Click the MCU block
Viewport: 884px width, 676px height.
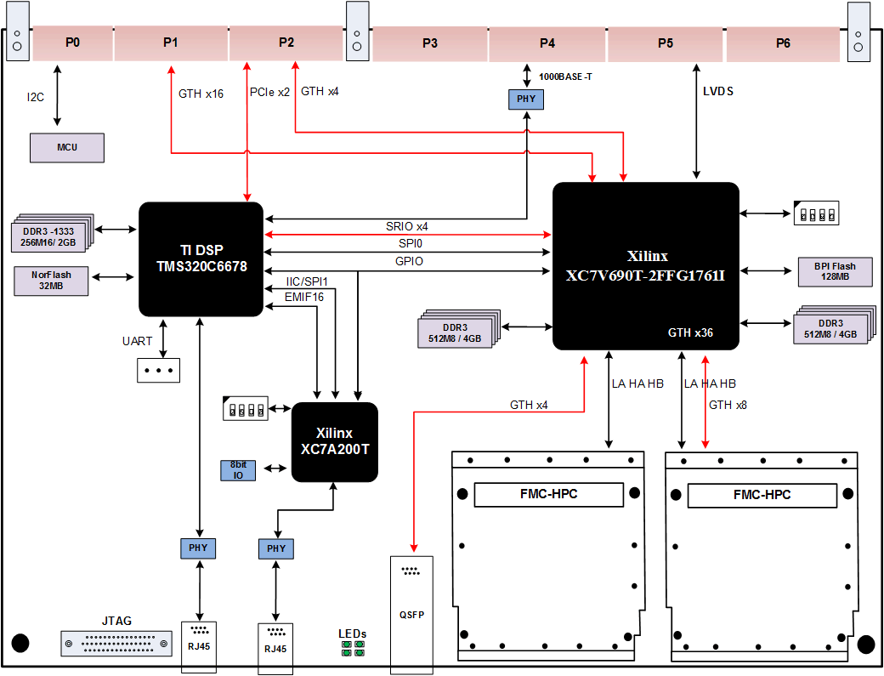pyautogui.click(x=67, y=147)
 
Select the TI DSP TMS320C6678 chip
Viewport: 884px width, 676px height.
pyautogui.click(x=201, y=258)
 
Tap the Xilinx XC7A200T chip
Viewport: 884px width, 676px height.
pyautogui.click(x=334, y=441)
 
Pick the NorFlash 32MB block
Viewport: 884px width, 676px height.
pyautogui.click(x=52, y=281)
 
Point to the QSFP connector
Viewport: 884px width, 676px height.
pyautogui.click(x=411, y=611)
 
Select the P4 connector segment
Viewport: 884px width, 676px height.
pyautogui.click(x=547, y=43)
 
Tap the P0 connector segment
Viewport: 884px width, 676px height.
pyautogui.click(x=72, y=43)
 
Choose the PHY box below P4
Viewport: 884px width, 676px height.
pyautogui.click(x=525, y=99)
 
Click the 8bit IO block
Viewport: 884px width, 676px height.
pyautogui.click(x=239, y=469)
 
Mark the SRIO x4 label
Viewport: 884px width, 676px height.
pyautogui.click(x=406, y=225)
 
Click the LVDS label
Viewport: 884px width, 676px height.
pyautogui.click(x=718, y=91)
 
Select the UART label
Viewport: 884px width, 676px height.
pyautogui.click(x=137, y=341)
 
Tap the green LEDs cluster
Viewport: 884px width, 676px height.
pyautogui.click(x=353, y=650)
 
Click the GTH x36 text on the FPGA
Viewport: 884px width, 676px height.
pyautogui.click(x=690, y=333)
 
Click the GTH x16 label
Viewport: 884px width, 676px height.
pyautogui.click(x=201, y=94)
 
